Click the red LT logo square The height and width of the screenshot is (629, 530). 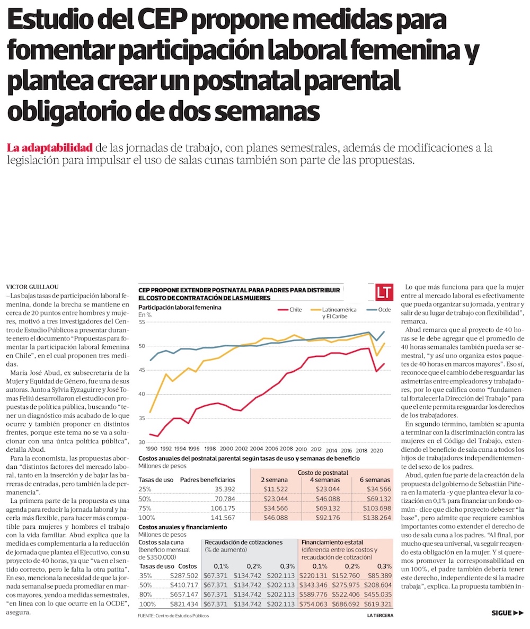tap(383, 292)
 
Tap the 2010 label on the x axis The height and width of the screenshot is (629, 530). tap(301, 449)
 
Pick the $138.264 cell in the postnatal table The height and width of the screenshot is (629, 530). tap(376, 517)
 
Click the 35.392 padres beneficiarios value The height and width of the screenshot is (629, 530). tap(224, 488)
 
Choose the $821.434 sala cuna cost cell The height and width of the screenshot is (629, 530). tap(184, 604)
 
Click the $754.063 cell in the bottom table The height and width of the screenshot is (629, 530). tap(316, 604)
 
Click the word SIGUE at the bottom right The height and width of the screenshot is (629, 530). tap(501, 613)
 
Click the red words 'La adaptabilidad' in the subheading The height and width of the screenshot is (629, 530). tap(50, 147)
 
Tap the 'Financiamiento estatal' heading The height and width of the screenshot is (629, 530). tap(332, 543)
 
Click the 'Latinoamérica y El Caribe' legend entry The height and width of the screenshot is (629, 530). tap(339, 313)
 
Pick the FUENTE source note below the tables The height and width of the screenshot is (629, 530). tap(173, 615)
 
